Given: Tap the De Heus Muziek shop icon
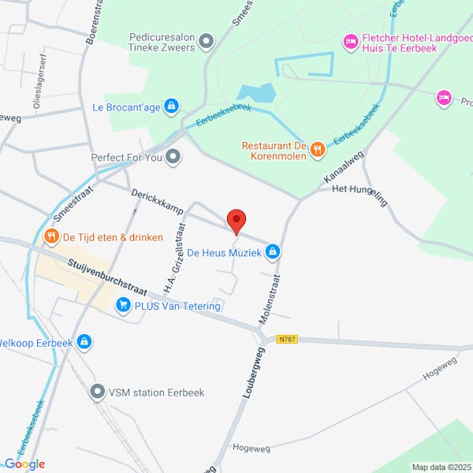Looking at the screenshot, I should (x=272, y=252).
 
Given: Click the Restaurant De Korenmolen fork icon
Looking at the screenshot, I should (x=316, y=147).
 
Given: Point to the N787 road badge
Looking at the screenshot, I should (x=287, y=340).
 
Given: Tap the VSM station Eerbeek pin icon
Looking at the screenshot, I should (x=97, y=391).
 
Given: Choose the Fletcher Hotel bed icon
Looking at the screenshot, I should (x=349, y=39).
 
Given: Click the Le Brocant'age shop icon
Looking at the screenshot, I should (x=172, y=106).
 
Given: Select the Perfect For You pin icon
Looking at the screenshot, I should (x=173, y=156).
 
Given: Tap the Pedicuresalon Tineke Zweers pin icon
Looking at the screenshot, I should (x=207, y=40).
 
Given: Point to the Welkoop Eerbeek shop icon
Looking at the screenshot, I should (x=84, y=342).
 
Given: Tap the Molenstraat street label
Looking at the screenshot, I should (x=272, y=300).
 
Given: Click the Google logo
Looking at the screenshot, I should (x=24, y=464).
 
